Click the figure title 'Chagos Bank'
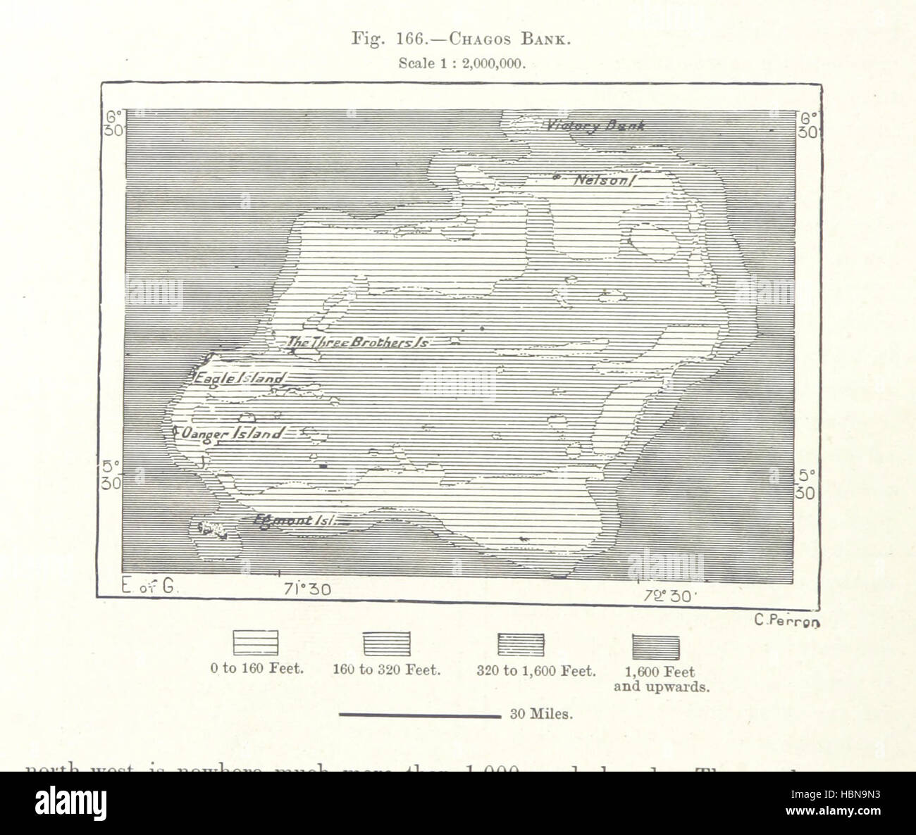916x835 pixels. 459,40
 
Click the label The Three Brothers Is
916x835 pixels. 358,343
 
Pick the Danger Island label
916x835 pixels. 233,434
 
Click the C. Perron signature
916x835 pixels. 787,620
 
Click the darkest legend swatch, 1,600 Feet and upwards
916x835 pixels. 656,646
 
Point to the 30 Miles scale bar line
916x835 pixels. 419,715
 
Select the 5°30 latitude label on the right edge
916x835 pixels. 805,484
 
